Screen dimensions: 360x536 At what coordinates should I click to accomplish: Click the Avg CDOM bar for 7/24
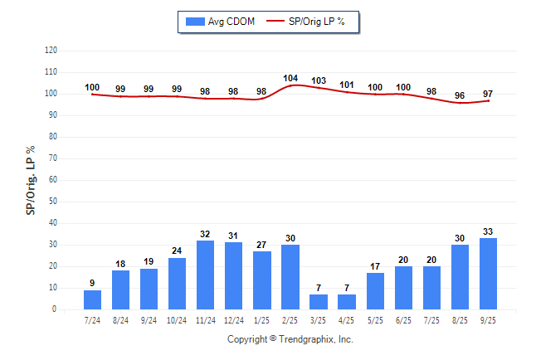(x=92, y=299)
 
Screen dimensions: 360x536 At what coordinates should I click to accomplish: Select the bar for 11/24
(x=205, y=275)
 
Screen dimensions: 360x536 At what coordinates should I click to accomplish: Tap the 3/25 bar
(x=318, y=302)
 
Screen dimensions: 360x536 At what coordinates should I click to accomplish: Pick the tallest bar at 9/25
(x=489, y=274)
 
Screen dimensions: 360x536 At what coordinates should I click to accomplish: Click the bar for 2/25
(x=290, y=277)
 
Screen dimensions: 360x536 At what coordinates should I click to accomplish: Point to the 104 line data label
(x=290, y=78)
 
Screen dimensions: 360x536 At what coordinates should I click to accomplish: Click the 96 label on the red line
(x=460, y=95)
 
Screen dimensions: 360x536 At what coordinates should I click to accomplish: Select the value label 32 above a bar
(x=205, y=234)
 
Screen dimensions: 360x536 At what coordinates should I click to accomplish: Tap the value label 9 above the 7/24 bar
(x=92, y=283)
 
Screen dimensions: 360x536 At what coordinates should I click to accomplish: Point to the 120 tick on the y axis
(x=51, y=51)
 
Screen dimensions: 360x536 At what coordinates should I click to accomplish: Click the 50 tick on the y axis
(x=53, y=202)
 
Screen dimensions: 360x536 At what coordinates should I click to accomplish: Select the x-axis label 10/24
(x=177, y=320)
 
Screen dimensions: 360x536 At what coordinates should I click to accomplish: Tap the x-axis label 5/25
(x=375, y=320)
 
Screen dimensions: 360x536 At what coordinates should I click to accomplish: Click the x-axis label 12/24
(x=233, y=320)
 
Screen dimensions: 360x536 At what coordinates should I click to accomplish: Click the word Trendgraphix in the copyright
(x=308, y=339)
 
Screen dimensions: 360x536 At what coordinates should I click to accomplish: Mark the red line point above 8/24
(x=120, y=96)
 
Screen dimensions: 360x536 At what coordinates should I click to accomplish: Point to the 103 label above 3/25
(x=318, y=80)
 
